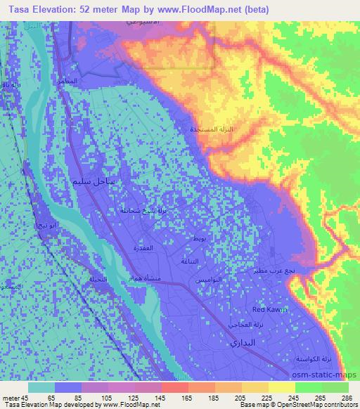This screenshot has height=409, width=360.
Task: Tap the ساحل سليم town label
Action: click(x=98, y=182)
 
